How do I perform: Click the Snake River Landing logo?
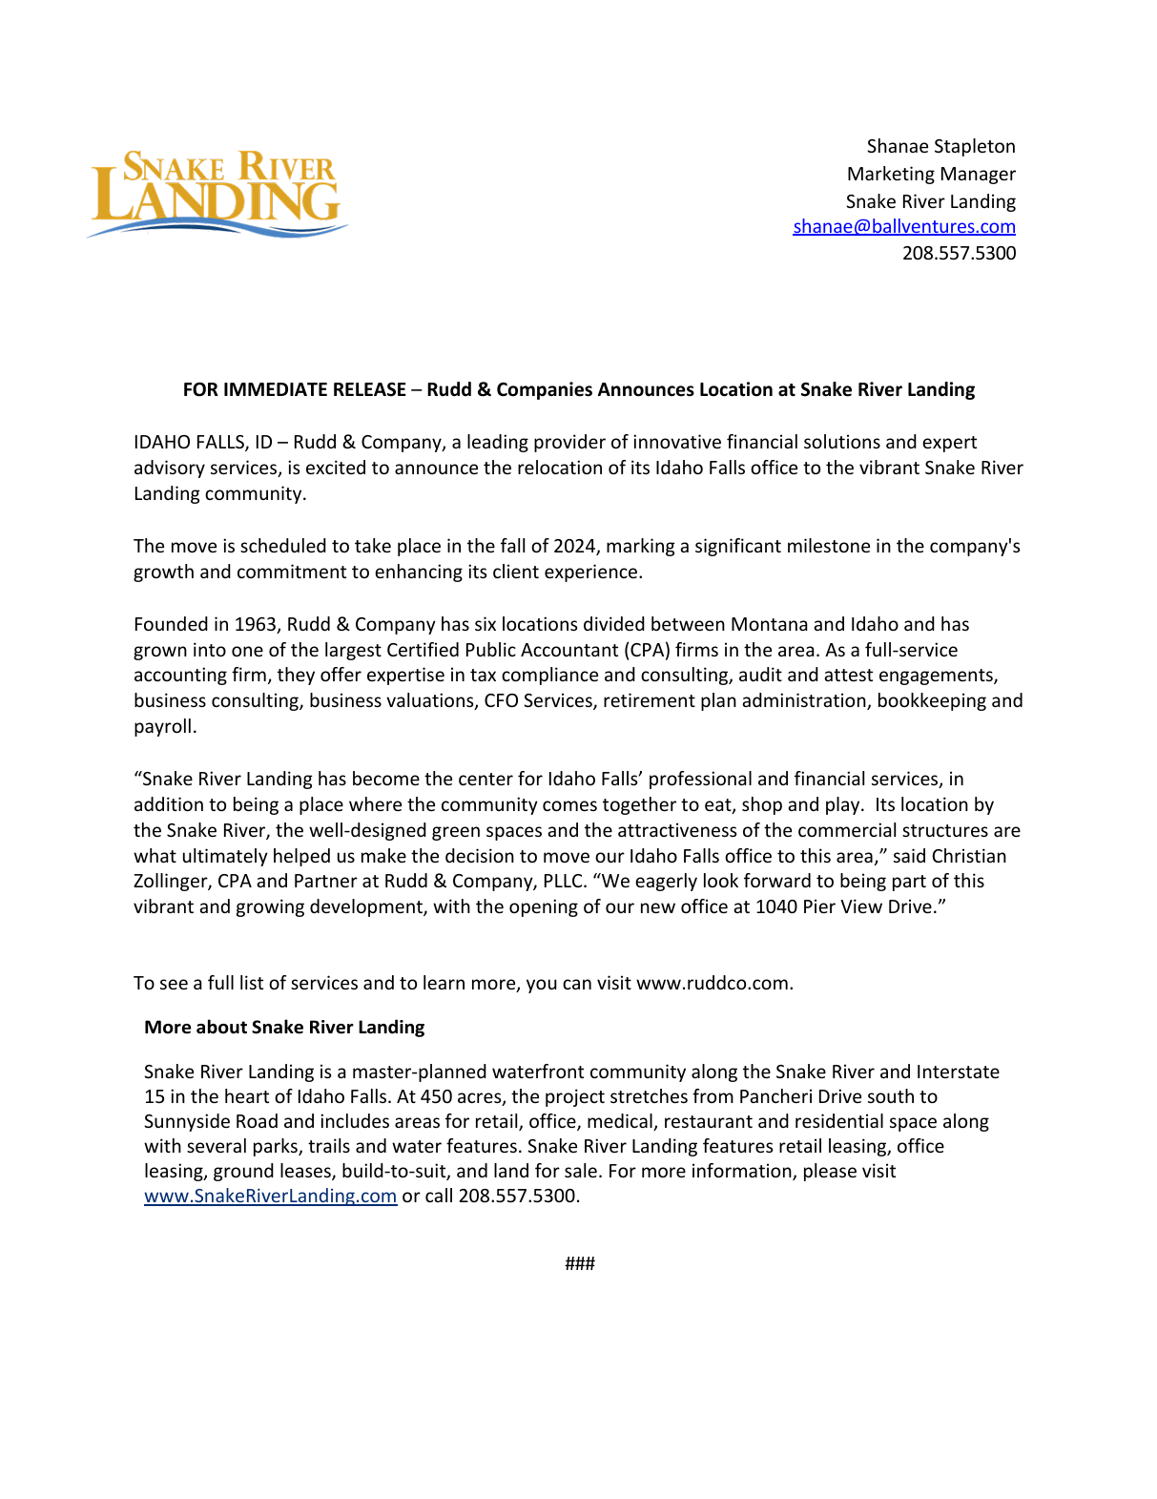tap(217, 193)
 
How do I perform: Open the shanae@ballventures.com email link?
tap(903, 227)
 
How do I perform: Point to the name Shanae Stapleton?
tap(940, 147)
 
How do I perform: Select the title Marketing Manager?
tap(931, 175)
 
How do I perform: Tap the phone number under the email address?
tap(959, 254)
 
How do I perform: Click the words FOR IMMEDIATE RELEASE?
tap(294, 390)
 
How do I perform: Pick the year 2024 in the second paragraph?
tap(575, 547)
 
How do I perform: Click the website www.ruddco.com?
tap(713, 984)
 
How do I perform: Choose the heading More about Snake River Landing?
tap(284, 1028)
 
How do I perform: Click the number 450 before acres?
tap(437, 1097)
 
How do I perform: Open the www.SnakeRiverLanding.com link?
tap(270, 1197)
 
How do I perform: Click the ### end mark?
tap(579, 1264)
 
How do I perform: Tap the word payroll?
tap(164, 727)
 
